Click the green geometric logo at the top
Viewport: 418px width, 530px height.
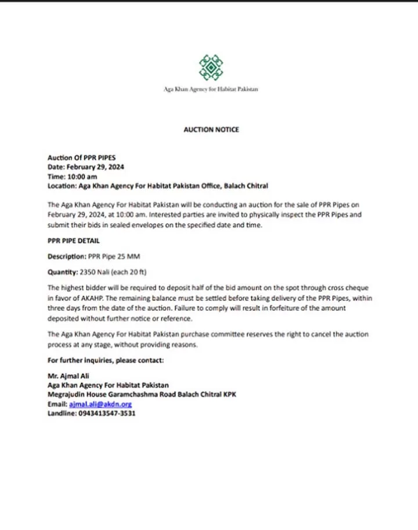(211, 67)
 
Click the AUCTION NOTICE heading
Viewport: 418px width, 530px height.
(211, 130)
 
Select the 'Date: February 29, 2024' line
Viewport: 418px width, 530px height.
(87, 167)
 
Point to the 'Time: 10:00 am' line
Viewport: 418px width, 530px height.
(72, 177)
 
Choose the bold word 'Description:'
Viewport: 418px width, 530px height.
(66, 256)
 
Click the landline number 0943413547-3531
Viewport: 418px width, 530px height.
(107, 413)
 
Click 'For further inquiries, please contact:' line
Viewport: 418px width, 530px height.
(106, 360)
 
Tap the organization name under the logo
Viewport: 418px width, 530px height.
(211, 89)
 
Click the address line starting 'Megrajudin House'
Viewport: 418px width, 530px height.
(142, 395)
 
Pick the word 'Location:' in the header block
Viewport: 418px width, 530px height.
(62, 186)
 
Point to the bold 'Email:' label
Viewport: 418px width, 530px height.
(57, 404)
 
